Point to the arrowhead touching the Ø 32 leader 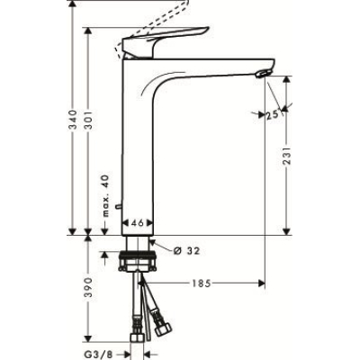(155, 243)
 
